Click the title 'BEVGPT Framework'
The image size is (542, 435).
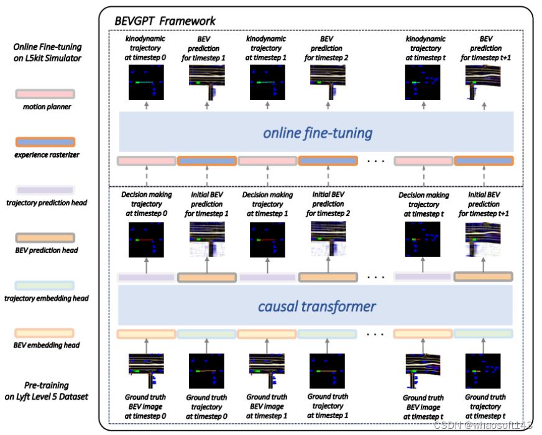coord(165,21)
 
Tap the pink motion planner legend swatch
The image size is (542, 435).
coord(45,94)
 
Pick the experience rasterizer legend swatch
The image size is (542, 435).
coord(45,143)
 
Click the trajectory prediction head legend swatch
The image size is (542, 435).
coord(45,190)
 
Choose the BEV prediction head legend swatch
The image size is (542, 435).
coord(45,238)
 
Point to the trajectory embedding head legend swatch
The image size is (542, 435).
coord(45,285)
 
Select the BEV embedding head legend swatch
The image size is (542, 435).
coord(45,333)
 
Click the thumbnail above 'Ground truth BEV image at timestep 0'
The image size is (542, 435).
coord(146,370)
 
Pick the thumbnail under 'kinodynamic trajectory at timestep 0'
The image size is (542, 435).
coord(146,82)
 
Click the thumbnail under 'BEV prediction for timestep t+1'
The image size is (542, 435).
coord(484,82)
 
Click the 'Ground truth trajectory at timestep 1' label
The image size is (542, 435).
coord(327,405)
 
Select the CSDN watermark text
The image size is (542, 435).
coord(483,425)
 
